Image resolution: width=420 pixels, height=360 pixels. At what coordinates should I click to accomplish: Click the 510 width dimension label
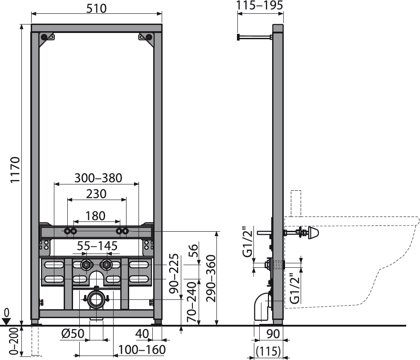(x=97, y=8)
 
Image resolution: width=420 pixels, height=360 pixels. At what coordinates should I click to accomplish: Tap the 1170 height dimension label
(x=15, y=170)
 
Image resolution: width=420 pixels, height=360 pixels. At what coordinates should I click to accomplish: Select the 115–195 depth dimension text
(x=260, y=5)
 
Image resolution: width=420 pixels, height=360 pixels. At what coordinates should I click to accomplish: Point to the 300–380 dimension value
(x=98, y=178)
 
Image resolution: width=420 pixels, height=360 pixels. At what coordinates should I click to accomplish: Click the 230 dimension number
(x=96, y=194)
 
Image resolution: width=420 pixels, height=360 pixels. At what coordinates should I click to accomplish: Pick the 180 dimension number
(x=95, y=216)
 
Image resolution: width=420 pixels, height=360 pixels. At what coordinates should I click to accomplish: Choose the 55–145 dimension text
(x=98, y=246)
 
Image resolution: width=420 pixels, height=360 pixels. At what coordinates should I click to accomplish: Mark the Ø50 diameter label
(x=73, y=334)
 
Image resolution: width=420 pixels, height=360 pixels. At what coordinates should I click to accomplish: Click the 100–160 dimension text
(x=142, y=350)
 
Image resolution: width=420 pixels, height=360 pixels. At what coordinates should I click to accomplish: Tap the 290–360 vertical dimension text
(x=211, y=278)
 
